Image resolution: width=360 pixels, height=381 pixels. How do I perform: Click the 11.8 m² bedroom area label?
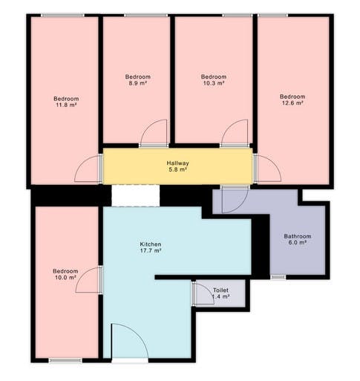click(x=65, y=105)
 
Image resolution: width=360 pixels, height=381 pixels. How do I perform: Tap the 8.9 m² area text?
click(x=137, y=84)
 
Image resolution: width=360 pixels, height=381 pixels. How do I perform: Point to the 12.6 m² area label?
click(x=292, y=104)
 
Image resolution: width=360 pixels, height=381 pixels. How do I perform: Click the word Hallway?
click(x=177, y=163)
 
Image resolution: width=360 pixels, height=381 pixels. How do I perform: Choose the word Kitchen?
click(x=151, y=244)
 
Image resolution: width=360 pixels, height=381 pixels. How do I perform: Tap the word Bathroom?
click(x=297, y=236)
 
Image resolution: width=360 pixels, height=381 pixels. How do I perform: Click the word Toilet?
click(x=220, y=290)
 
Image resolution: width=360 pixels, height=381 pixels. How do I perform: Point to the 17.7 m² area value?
click(x=151, y=251)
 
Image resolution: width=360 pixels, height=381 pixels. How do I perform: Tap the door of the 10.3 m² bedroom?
click(x=233, y=134)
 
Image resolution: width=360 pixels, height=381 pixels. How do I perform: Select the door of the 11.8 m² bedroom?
click(x=88, y=169)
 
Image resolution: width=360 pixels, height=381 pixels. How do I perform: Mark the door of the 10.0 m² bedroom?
click(x=89, y=281)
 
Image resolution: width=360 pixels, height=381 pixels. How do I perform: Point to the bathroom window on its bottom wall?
click(x=278, y=277)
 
